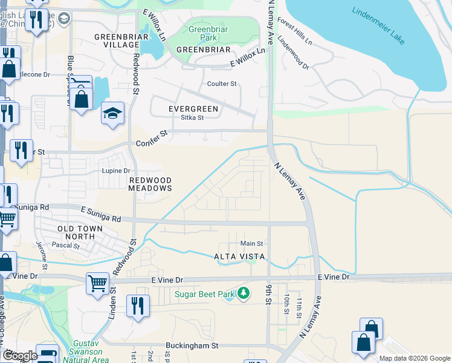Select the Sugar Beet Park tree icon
244,294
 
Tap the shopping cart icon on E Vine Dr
97,283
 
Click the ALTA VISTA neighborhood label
239,257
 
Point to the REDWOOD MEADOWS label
150,184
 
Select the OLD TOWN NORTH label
80,232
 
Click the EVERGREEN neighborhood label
193,108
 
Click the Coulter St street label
222,84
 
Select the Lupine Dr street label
115,171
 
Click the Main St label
252,243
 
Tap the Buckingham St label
192,346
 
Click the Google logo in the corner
19,356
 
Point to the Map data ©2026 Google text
414,358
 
